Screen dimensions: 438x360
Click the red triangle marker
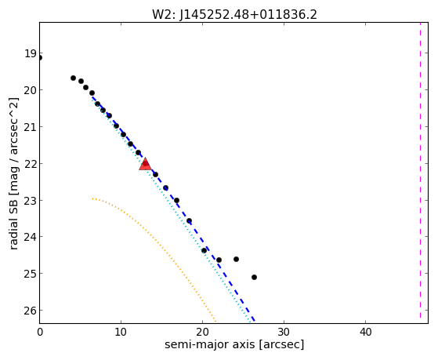[x=145, y=165]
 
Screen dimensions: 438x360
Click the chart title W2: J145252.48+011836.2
[x=234, y=15]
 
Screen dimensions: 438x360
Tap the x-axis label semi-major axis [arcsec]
[x=234, y=344]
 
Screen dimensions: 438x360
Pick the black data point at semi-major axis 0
[x=40, y=58]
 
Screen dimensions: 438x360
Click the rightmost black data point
[x=254, y=277]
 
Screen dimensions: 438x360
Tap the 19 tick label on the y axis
[x=30, y=53]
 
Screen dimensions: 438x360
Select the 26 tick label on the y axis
[x=30, y=311]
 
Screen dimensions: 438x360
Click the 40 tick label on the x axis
[x=365, y=332]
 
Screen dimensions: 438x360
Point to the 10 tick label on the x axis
[x=121, y=332]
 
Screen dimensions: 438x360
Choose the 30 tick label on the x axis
[x=284, y=332]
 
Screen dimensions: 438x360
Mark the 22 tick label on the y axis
[x=30, y=164]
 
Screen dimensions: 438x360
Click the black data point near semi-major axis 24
[x=236, y=260]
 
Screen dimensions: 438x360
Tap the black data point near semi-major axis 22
[x=219, y=260]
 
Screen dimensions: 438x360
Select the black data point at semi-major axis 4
[x=73, y=78]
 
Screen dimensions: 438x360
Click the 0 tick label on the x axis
[x=40, y=332]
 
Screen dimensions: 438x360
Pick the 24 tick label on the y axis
[x=30, y=237]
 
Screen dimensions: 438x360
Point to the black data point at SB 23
[x=176, y=201]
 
